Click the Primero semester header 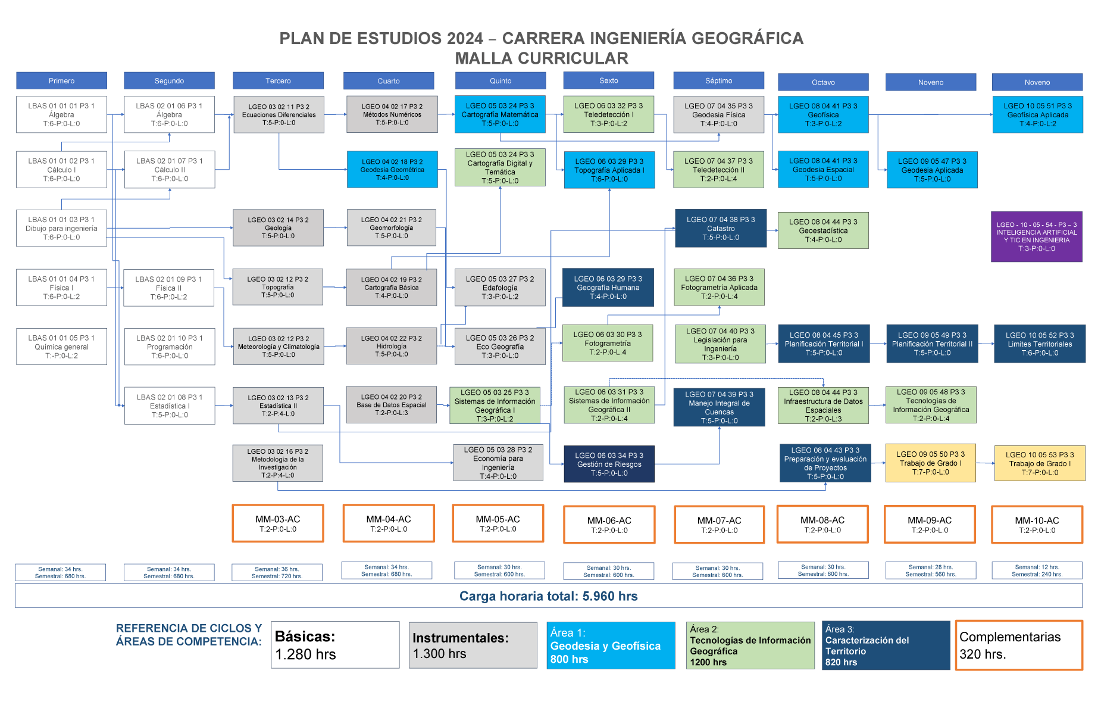coord(61,80)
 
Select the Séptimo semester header coord(718,80)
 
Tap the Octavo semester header coord(823,82)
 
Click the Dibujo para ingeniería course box coord(61,228)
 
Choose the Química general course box coord(61,347)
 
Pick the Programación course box coord(170,347)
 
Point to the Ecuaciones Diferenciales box coord(279,114)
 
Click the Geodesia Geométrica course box coord(392,170)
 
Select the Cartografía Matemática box coord(500,114)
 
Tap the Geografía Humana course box coord(608,288)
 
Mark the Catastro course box coord(721,228)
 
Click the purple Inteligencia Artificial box coord(1036,236)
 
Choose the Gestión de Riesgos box coord(609,464)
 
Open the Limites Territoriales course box coord(1040,344)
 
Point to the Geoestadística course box coord(823,230)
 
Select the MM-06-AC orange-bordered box coord(609,525)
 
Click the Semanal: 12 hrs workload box coord(1037,570)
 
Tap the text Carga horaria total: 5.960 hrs coord(548,596)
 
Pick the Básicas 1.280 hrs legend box coord(335,645)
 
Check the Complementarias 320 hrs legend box coord(1018,645)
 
